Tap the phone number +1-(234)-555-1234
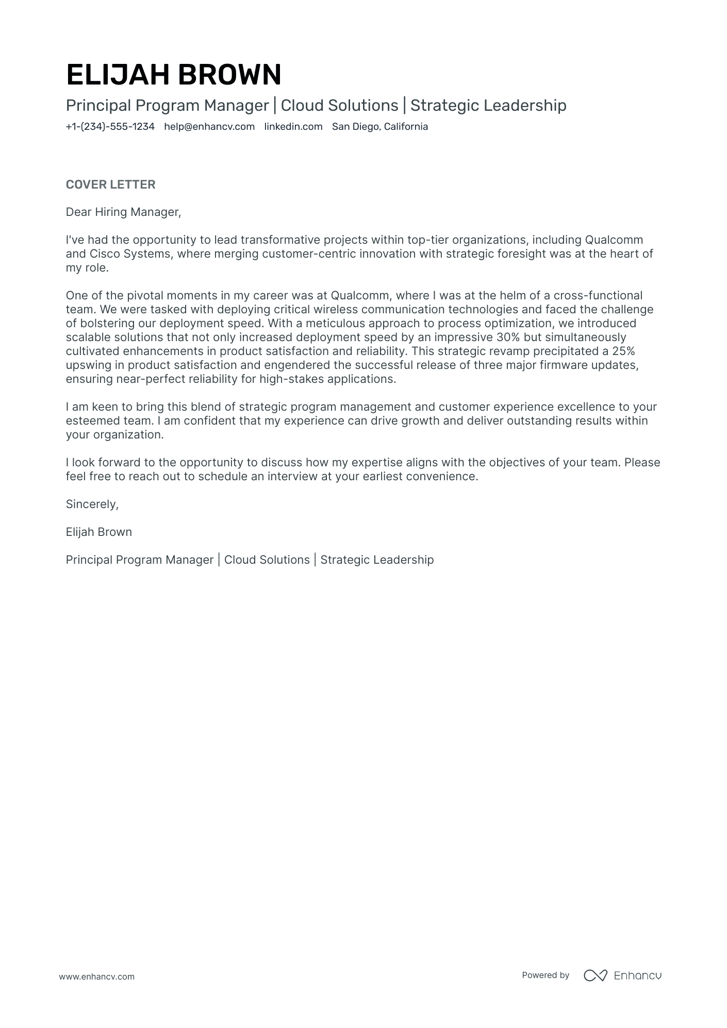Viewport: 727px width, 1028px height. tap(110, 127)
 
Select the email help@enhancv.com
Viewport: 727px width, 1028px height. tap(209, 127)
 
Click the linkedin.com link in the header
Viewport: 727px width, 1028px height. tap(293, 127)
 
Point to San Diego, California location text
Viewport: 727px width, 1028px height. tap(379, 127)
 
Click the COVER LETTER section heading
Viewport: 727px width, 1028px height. tap(110, 184)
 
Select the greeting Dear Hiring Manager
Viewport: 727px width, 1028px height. tap(123, 212)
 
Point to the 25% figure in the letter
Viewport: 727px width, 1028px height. tap(623, 351)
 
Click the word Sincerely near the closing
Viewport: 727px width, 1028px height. tap(92, 504)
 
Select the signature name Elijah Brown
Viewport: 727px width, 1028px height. tap(98, 532)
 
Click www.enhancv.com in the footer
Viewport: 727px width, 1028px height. tap(96, 976)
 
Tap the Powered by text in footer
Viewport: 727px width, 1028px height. tap(545, 975)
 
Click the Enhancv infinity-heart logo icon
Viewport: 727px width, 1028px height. tap(595, 975)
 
